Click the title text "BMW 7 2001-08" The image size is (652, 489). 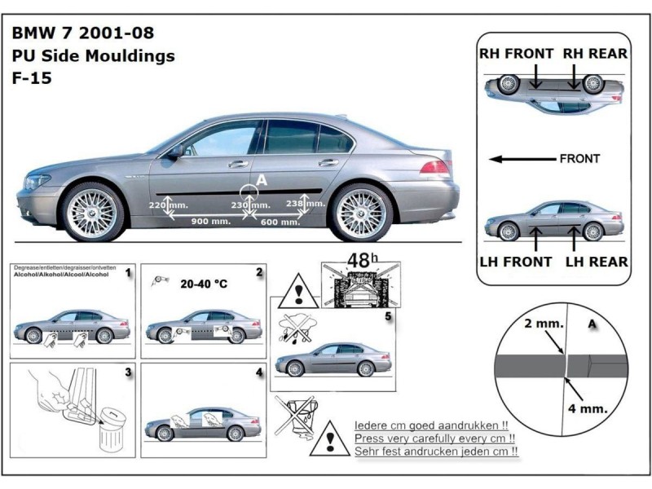coord(81,34)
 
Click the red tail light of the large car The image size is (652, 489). coord(435,167)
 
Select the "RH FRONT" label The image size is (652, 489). coord(516,54)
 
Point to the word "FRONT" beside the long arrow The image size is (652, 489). coord(579,159)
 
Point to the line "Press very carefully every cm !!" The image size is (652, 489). coord(437,438)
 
